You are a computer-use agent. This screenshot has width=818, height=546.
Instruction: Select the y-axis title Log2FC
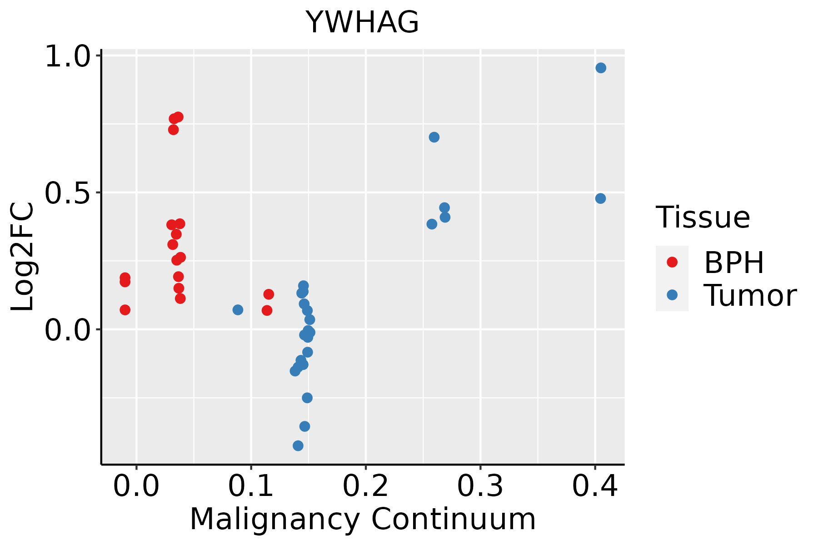[x=23, y=257]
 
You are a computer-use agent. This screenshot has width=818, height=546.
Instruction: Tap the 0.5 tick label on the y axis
[x=67, y=193]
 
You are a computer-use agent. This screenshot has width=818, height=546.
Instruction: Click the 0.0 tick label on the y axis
[x=67, y=329]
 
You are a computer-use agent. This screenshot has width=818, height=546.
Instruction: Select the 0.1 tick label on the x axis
[x=251, y=486]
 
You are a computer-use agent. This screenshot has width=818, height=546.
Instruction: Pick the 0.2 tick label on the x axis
[x=365, y=486]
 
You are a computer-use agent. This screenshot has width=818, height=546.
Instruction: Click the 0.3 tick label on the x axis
[x=480, y=486]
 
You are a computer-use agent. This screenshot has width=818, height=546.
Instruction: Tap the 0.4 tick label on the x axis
[x=594, y=486]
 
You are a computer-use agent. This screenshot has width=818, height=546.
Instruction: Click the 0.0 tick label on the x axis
[x=136, y=486]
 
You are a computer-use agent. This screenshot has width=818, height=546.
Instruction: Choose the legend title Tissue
[x=703, y=217]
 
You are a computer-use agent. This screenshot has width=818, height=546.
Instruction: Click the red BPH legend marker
[x=672, y=262]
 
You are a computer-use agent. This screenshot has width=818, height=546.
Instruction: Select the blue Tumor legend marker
[x=672, y=295]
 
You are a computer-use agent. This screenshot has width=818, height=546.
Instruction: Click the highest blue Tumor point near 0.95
[x=601, y=68]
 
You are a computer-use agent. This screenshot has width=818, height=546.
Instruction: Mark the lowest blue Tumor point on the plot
[x=298, y=445]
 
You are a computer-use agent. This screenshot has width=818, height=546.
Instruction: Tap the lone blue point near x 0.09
[x=238, y=310]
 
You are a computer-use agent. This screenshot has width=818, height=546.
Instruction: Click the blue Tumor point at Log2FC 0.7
[x=434, y=137]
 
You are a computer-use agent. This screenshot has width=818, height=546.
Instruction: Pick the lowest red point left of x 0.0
[x=125, y=310]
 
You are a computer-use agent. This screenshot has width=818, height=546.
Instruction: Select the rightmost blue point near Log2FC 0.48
[x=600, y=198]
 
